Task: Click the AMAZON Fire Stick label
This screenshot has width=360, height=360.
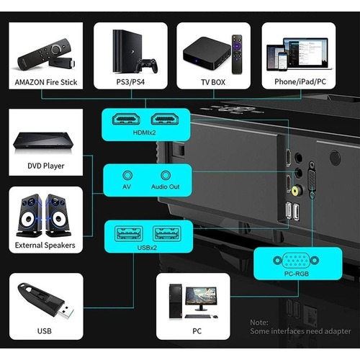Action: [x=46, y=82]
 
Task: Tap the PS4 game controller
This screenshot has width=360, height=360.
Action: [x=147, y=66]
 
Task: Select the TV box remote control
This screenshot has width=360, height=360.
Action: [x=237, y=54]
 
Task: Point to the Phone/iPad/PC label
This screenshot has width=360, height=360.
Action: [x=300, y=82]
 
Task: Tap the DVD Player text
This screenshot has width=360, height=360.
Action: [x=46, y=166]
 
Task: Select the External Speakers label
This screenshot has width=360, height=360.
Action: [x=45, y=246]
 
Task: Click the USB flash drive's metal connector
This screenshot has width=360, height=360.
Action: [x=66, y=312]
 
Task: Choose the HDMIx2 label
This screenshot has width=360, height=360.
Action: [x=145, y=132]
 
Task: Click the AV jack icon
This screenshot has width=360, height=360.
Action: [x=127, y=176]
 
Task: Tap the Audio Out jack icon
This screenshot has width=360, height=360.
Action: [x=166, y=176]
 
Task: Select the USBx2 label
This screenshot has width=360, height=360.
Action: [x=147, y=248]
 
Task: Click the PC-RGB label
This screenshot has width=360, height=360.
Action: [x=297, y=274]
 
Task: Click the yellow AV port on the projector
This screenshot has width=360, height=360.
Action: [x=297, y=191]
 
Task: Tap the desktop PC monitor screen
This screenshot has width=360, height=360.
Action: [x=201, y=295]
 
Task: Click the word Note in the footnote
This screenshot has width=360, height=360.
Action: [x=259, y=323]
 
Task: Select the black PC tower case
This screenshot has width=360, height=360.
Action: [x=176, y=301]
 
